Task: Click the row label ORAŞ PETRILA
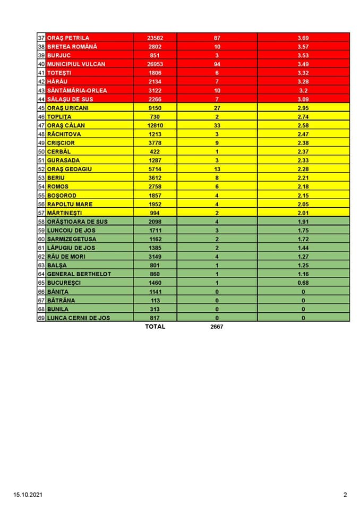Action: coord(68,38)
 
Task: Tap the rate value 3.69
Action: coord(303,38)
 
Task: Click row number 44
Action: coord(41,99)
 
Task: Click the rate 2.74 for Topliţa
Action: coord(303,116)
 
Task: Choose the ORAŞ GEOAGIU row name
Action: coord(70,169)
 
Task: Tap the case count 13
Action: coord(217,169)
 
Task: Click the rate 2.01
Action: coord(303,212)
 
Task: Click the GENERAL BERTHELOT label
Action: coord(74,274)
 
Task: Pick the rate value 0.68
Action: coord(303,283)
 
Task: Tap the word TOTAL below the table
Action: coord(155,327)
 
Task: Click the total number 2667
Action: coord(217,327)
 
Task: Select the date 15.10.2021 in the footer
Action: coord(28,495)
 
